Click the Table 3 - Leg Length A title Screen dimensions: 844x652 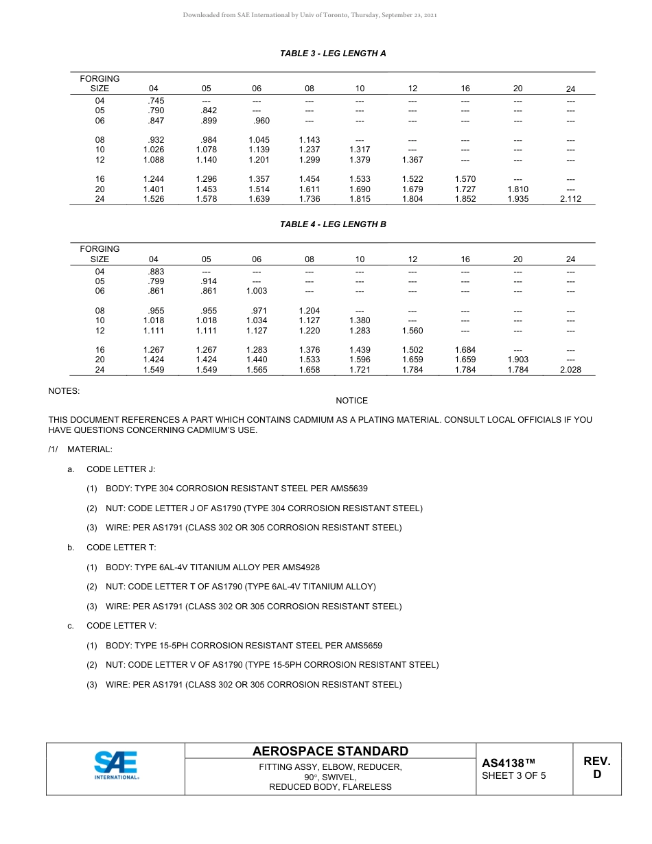[333, 53]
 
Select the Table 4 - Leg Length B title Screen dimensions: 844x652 [333, 224]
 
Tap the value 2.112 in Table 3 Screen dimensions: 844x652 [570, 199]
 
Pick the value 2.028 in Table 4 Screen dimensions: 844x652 [570, 370]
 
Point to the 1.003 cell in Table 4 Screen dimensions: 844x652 [257, 291]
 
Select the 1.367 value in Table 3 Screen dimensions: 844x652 [412, 160]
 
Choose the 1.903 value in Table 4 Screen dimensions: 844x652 [517, 360]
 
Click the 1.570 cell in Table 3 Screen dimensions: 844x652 [465, 179]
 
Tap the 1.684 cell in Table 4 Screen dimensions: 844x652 [465, 350]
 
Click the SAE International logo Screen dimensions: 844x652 [117, 765]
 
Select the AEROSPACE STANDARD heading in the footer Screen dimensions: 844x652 [330, 751]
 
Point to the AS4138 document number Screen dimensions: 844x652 [508, 763]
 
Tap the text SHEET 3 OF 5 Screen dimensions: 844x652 [514, 776]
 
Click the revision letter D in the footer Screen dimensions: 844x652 [597, 775]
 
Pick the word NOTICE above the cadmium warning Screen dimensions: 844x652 [351, 401]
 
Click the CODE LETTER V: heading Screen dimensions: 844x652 [121, 626]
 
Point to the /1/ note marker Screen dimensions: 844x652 [54, 449]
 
